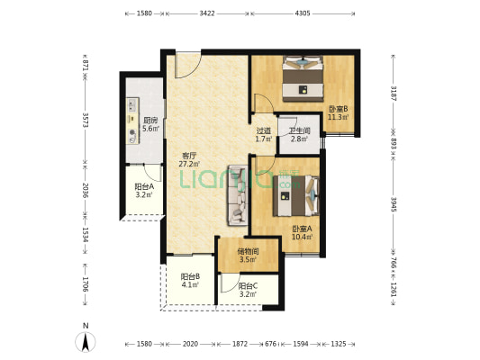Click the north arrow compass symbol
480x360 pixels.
pyautogui.click(x=86, y=341)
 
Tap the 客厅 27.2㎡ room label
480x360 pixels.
pyautogui.click(x=189, y=159)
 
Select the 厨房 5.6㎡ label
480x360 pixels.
pyautogui.click(x=150, y=124)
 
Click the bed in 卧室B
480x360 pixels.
pyautogui.click(x=303, y=78)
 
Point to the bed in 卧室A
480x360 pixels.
pyautogui.click(x=296, y=196)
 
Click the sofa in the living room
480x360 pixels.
pyautogui.click(x=237, y=195)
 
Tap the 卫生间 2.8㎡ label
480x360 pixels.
pyautogui.click(x=300, y=135)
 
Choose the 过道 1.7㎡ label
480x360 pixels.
pyautogui.click(x=264, y=135)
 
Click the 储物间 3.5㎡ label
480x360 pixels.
pyautogui.click(x=248, y=256)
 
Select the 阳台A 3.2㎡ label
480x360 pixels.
pyautogui.click(x=144, y=191)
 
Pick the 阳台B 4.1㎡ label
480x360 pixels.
pyautogui.click(x=190, y=281)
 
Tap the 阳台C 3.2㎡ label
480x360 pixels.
pyautogui.click(x=248, y=290)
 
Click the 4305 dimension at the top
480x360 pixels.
pyautogui.click(x=303, y=13)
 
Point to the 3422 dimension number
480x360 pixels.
pyautogui.click(x=207, y=13)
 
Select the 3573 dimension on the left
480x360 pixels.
pyautogui.click(x=86, y=120)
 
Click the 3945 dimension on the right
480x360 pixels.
pyautogui.click(x=394, y=204)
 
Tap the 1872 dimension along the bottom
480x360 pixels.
pyautogui.click(x=240, y=344)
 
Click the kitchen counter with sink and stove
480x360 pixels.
pyautogui.click(x=133, y=121)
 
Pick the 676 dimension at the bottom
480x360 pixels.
pyautogui.click(x=270, y=344)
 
